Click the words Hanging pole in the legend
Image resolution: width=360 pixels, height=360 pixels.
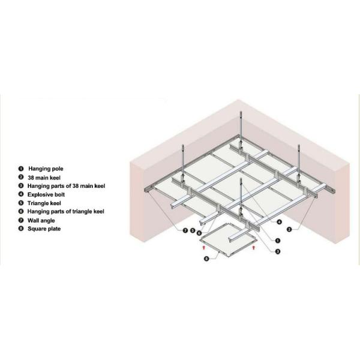pos(46,169)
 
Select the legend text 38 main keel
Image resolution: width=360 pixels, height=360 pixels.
pos(44,178)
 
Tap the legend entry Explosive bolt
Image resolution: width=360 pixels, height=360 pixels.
pos(46,194)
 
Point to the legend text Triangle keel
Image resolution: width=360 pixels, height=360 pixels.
pos(44,203)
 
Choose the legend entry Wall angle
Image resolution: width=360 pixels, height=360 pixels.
pos(41,221)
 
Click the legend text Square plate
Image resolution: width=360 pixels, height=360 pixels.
pos(44,229)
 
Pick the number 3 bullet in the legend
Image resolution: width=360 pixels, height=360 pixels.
pos(21,185)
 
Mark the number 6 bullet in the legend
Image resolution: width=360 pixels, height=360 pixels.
pos(21,211)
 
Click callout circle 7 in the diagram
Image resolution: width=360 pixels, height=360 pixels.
pos(185,230)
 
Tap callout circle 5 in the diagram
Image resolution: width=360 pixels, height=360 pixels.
pos(193,230)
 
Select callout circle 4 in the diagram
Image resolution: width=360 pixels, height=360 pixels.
pos(279,222)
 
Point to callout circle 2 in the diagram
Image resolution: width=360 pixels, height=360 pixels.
pos(289,229)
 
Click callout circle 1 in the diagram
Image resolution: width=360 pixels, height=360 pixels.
pos(278,241)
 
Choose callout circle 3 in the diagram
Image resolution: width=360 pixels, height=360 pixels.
pos(278,251)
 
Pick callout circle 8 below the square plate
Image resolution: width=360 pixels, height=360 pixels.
pos(206,259)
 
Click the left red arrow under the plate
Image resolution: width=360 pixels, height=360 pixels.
pos(203,247)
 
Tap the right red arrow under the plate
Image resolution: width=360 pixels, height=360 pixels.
pos(254,247)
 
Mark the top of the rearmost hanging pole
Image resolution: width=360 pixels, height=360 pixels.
pos(241,112)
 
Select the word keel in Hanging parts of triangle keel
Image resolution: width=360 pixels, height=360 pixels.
pos(98,211)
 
